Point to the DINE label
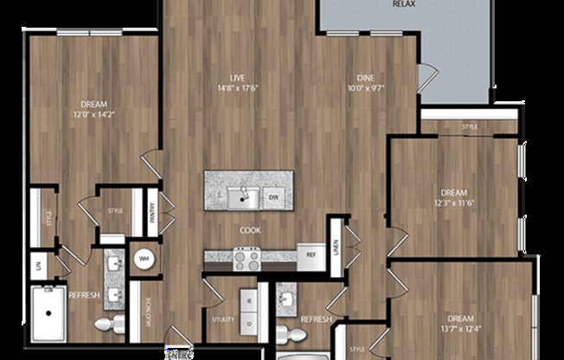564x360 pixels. click(x=366, y=76)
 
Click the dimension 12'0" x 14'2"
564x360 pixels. click(x=93, y=114)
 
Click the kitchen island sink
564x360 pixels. click(x=242, y=197)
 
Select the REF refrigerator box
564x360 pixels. click(x=310, y=255)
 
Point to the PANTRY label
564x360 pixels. click(x=152, y=212)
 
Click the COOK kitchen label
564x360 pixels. click(x=251, y=231)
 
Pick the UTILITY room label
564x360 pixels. click(x=222, y=319)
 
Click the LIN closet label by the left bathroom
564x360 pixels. click(x=38, y=265)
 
